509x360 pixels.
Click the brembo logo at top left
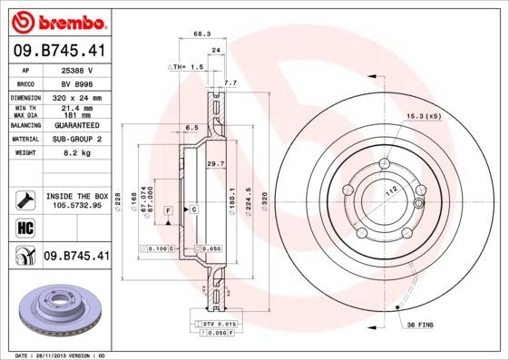pyautogui.click(x=56, y=20)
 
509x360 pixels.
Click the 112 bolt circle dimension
pyautogui.click(x=393, y=192)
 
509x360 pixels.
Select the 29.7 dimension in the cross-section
pyautogui.click(x=216, y=163)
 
